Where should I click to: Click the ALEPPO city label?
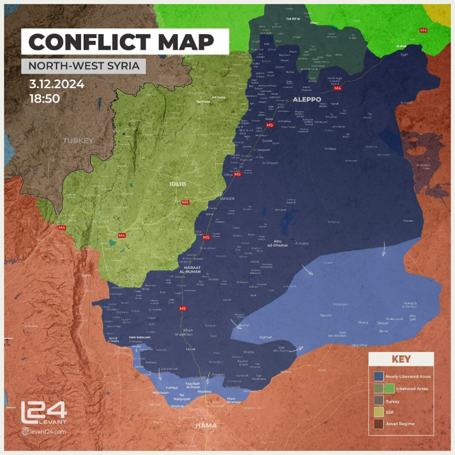(307, 99)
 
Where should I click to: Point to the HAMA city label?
(206, 425)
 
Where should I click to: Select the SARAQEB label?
(227, 199)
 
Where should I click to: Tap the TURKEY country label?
(78, 140)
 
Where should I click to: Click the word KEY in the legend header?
(401, 359)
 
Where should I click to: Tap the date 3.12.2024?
(57, 84)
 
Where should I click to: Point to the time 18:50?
(44, 98)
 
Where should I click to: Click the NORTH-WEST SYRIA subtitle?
(84, 66)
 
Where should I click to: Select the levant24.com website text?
(48, 432)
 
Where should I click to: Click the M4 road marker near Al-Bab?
(423, 30)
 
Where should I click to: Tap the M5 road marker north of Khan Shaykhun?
(183, 308)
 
